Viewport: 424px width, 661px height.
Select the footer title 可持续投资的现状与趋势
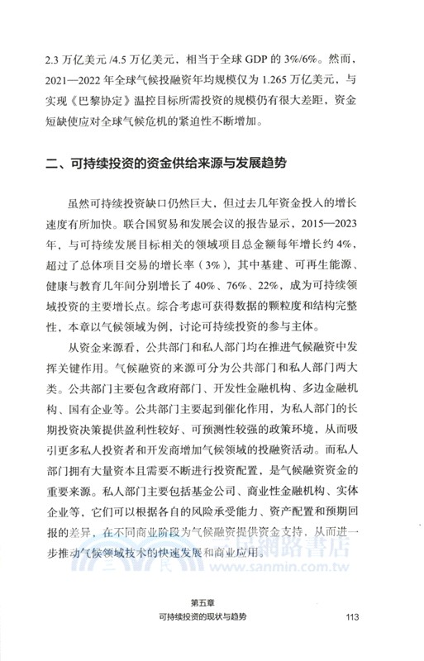pos(212,617)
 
